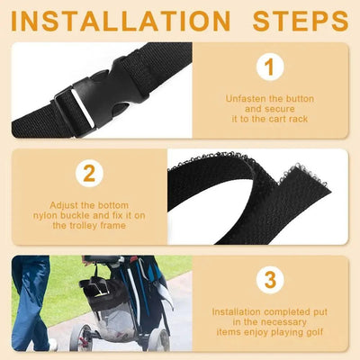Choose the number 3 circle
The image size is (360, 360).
click(x=268, y=280)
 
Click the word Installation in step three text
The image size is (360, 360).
click(x=240, y=311)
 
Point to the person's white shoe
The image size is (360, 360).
click(x=53, y=345)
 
